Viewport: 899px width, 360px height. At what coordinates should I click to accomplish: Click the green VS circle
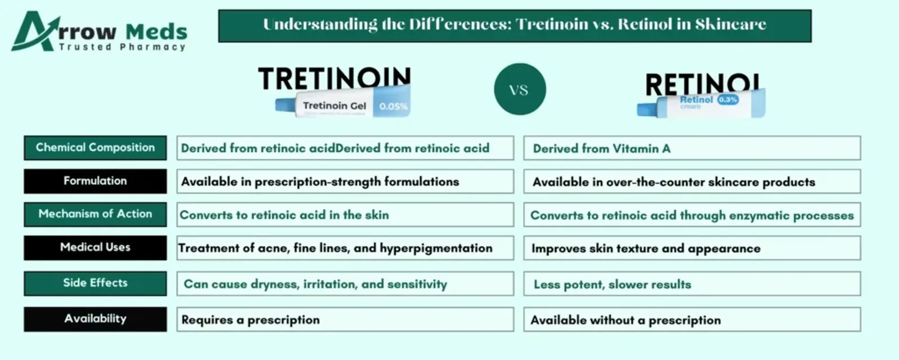tap(520, 89)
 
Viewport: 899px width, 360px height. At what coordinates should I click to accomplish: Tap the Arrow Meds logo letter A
tap(32, 31)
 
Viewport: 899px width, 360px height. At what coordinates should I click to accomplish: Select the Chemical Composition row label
tap(95, 148)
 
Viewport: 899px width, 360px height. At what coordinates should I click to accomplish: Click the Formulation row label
tap(95, 181)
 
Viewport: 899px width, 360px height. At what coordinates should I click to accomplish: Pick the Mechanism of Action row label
tap(95, 215)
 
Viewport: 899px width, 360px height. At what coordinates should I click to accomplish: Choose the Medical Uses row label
tap(95, 248)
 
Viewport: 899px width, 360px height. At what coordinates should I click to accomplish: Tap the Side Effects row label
tap(95, 284)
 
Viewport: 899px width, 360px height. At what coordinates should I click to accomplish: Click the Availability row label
tap(95, 319)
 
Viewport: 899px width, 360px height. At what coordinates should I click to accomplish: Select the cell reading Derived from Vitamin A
tap(692, 148)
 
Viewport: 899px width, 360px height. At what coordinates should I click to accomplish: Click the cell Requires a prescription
tap(345, 320)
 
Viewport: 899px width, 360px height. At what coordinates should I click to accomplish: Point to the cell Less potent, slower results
tap(692, 284)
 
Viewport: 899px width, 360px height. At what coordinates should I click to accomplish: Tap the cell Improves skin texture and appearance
tap(692, 248)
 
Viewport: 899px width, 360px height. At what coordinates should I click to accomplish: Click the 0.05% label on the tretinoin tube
tap(393, 106)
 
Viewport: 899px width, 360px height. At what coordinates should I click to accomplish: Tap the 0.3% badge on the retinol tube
tap(728, 99)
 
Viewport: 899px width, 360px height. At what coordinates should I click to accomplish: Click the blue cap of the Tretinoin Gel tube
tap(285, 105)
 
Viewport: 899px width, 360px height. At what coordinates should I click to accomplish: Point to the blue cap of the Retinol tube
tap(647, 110)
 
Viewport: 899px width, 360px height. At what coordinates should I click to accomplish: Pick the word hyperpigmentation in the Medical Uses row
tap(436, 248)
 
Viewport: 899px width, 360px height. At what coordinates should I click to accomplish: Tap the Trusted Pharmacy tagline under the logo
tap(122, 47)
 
